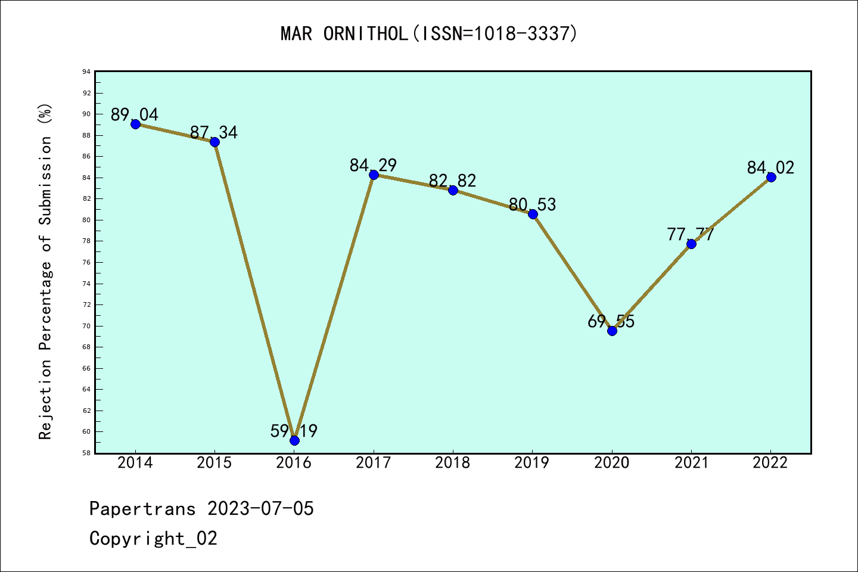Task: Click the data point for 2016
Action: coord(294,440)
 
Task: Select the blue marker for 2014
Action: coord(135,124)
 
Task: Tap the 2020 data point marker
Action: coord(612,331)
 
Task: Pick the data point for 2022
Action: coord(771,177)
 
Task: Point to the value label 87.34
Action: coord(214,132)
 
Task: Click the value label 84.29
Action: coord(373,165)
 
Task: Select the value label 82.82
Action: coord(453,181)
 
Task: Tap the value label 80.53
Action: coord(532,204)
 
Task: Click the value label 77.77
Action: coord(691,234)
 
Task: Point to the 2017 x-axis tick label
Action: coord(374,463)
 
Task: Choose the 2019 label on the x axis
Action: coord(532,463)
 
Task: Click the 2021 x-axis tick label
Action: coord(691,463)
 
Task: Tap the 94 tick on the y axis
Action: coord(87,72)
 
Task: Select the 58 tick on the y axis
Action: coord(87,453)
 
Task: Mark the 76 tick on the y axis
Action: coord(87,262)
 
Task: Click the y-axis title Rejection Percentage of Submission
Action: coord(46,272)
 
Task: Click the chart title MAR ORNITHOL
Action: coord(429,33)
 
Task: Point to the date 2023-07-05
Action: coord(260,509)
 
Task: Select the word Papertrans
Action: coord(142,509)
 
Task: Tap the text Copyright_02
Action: coord(153,539)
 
